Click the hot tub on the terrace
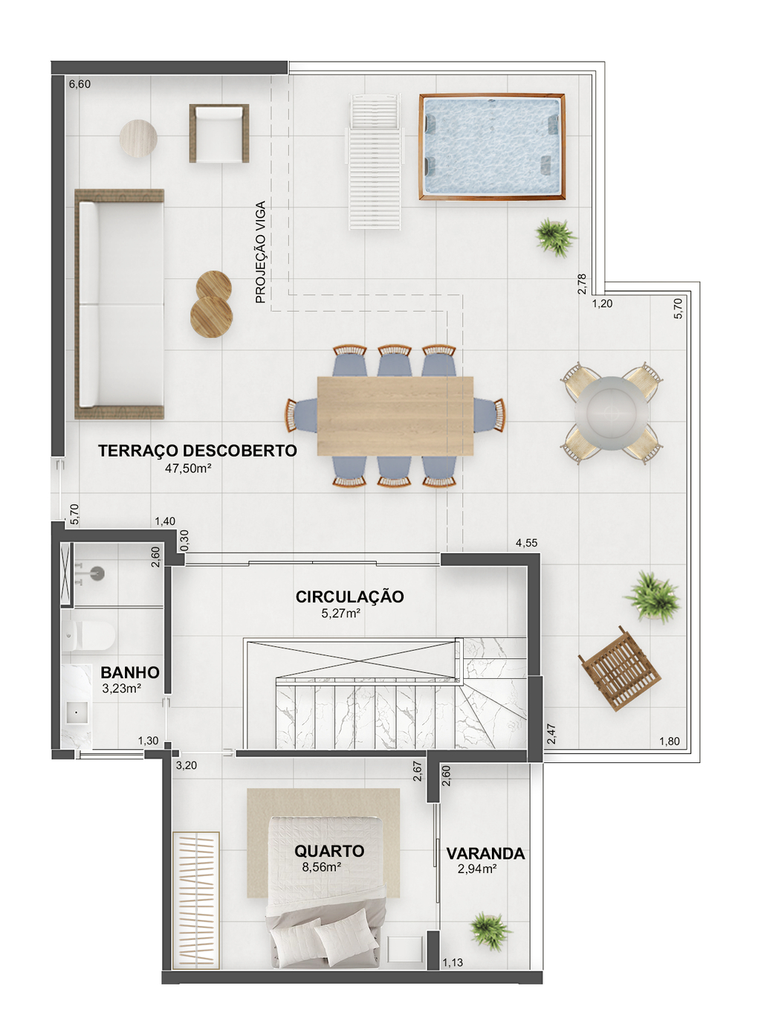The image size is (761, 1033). (492, 147)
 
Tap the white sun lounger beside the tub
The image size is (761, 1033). (375, 161)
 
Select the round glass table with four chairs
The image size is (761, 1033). (612, 413)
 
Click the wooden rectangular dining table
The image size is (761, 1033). (395, 416)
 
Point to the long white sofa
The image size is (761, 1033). (120, 304)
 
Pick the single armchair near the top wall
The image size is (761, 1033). (219, 133)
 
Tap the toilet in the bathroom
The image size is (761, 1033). (88, 635)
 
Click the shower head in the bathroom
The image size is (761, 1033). (97, 573)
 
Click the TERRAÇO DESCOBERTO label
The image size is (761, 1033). (197, 451)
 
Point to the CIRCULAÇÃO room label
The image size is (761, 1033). (349, 596)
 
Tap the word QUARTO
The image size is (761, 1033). (329, 851)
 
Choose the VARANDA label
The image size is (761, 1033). (485, 854)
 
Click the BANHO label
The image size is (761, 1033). (130, 672)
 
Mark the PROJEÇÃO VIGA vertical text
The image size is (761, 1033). (260, 252)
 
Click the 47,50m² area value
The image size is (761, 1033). (188, 469)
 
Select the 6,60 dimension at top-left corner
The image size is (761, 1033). (80, 84)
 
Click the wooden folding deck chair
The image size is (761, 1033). (620, 669)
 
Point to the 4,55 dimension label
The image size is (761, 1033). (526, 543)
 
